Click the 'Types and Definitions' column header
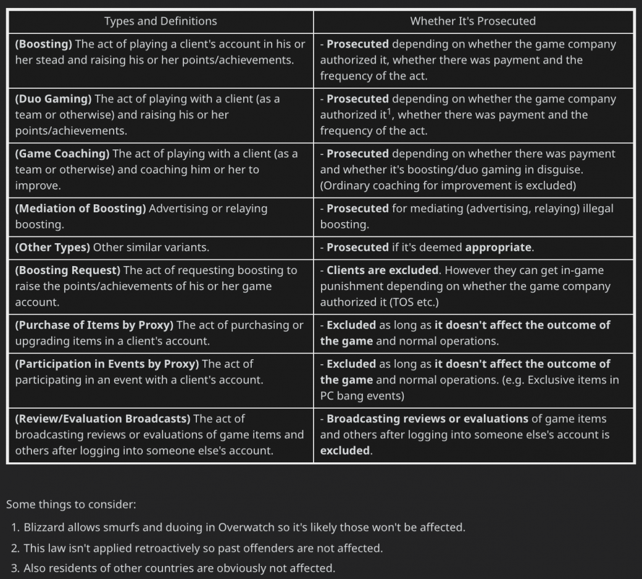click(x=160, y=21)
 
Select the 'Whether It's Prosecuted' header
click(x=473, y=21)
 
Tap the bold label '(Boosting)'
click(x=44, y=44)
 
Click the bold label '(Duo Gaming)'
click(x=54, y=99)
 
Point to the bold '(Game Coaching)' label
click(x=62, y=154)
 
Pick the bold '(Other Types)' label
click(x=52, y=248)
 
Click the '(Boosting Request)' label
click(x=68, y=270)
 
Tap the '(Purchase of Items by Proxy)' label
click(x=94, y=325)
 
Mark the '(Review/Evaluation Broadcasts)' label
click(x=102, y=419)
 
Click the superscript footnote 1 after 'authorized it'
click(x=390, y=112)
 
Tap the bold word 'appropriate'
click(x=498, y=248)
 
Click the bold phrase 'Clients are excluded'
click(x=383, y=270)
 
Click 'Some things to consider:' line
click(x=71, y=504)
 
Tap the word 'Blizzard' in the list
click(x=44, y=528)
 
